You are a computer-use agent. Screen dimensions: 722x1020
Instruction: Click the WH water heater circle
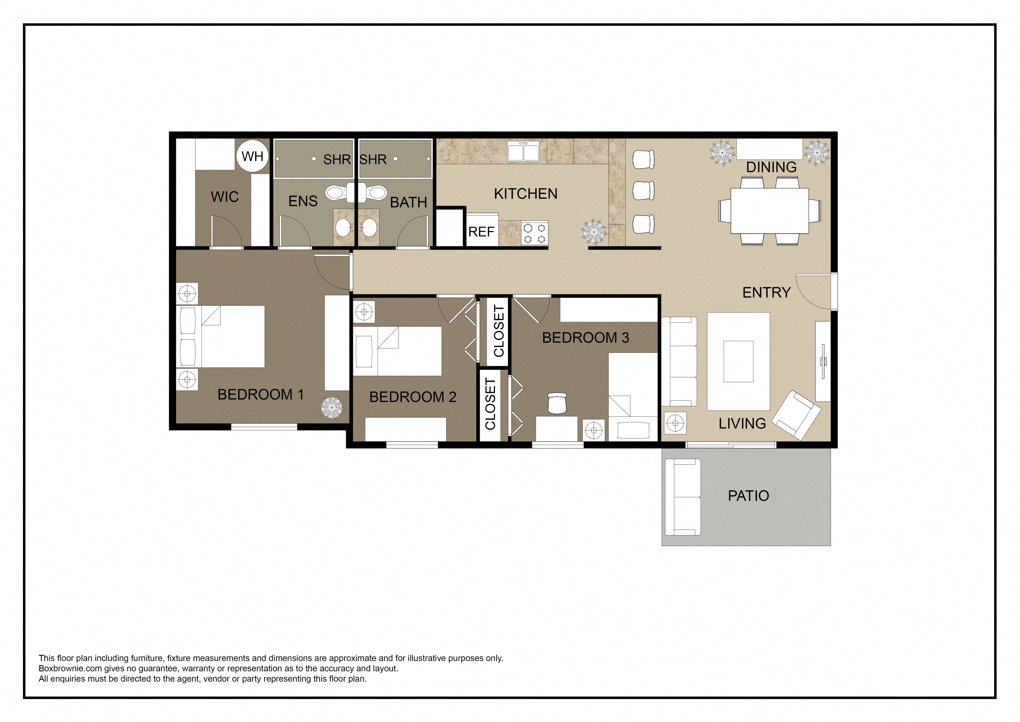point(252,156)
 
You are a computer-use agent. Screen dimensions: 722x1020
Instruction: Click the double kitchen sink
point(524,152)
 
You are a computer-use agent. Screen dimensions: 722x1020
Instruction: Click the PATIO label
point(748,496)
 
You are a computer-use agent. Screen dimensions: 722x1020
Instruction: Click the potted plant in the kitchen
point(594,232)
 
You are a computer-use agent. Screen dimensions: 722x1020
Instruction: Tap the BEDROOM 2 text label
point(413,397)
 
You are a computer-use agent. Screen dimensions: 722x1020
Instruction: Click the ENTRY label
point(766,293)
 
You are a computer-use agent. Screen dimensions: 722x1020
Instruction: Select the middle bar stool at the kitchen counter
point(643,191)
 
